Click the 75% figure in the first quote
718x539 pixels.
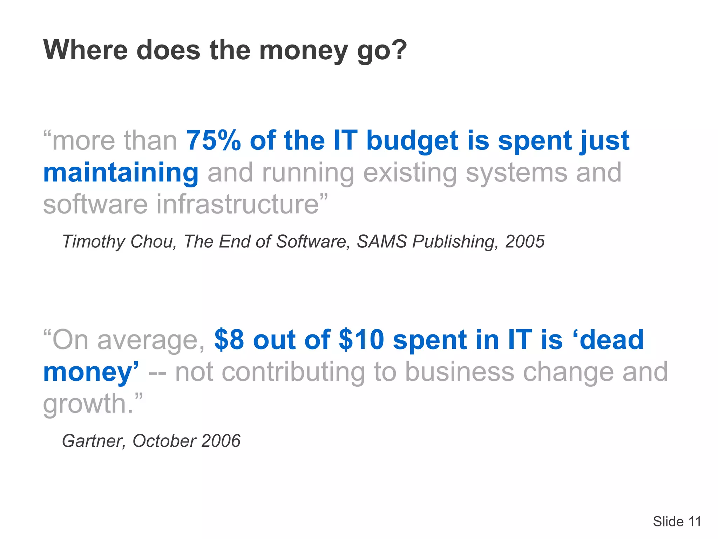[214, 140]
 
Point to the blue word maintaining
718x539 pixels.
[121, 173]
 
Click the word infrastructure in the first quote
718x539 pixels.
[237, 204]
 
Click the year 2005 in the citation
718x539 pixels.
[524, 241]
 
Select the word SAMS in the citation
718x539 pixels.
[382, 241]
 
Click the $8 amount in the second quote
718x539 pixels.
[229, 340]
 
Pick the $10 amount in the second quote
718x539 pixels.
[361, 340]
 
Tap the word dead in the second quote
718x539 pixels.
[612, 340]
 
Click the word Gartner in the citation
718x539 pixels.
[93, 441]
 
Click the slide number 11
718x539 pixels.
[695, 521]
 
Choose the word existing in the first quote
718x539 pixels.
[410, 173]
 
